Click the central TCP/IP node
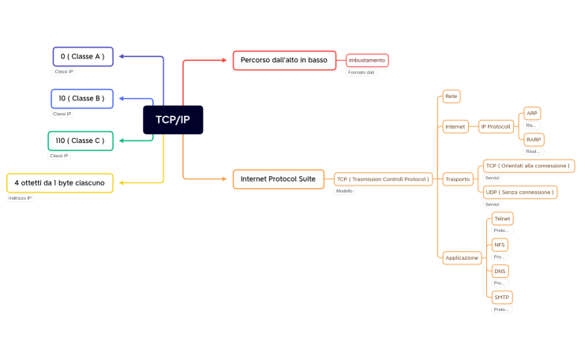pyautogui.click(x=173, y=119)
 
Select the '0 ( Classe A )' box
pyautogui.click(x=83, y=57)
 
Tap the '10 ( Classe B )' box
pyautogui.click(x=81, y=99)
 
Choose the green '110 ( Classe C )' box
pyautogui.click(x=80, y=141)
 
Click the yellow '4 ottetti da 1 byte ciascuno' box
pyautogui.click(x=59, y=182)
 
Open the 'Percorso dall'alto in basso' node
pyautogui.click(x=284, y=60)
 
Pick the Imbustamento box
pyautogui.click(x=367, y=60)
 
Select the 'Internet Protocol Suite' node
pyautogui.click(x=278, y=179)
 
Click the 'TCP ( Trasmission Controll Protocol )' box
pyautogui.click(x=383, y=179)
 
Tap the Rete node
pyautogui.click(x=451, y=96)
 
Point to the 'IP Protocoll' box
pyautogui.click(x=496, y=126)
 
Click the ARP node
pyautogui.click(x=532, y=114)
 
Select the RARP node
pyautogui.click(x=534, y=140)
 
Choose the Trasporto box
pyautogui.click(x=456, y=179)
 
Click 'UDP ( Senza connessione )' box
pyautogui.click(x=520, y=192)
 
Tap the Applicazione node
pyautogui.click(x=462, y=257)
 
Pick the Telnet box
pyautogui.click(x=502, y=218)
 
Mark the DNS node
pyautogui.click(x=500, y=271)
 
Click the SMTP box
pyautogui.click(x=501, y=297)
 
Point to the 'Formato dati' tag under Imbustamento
pyautogui.click(x=361, y=73)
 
